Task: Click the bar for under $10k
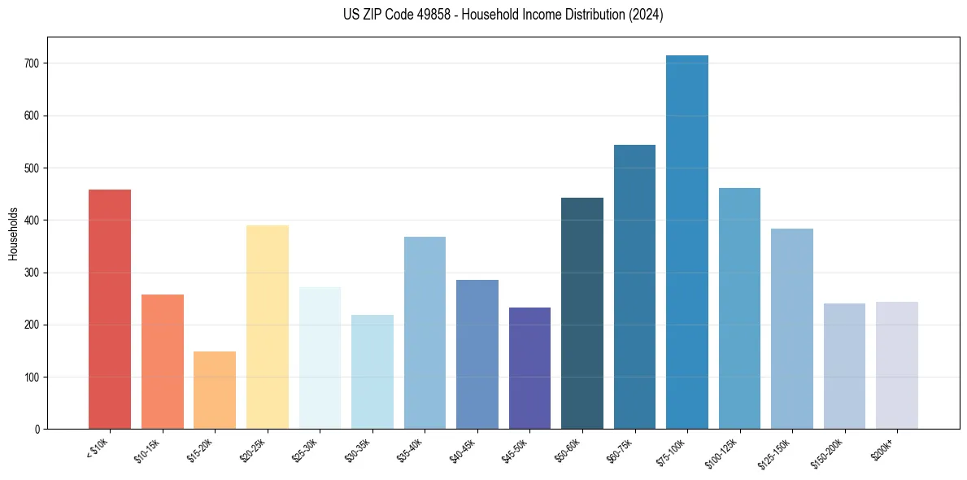(110, 309)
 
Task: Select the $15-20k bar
(215, 390)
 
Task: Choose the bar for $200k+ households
(897, 365)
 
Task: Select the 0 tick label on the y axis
(38, 429)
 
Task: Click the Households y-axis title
(13, 233)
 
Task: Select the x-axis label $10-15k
(147, 448)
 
